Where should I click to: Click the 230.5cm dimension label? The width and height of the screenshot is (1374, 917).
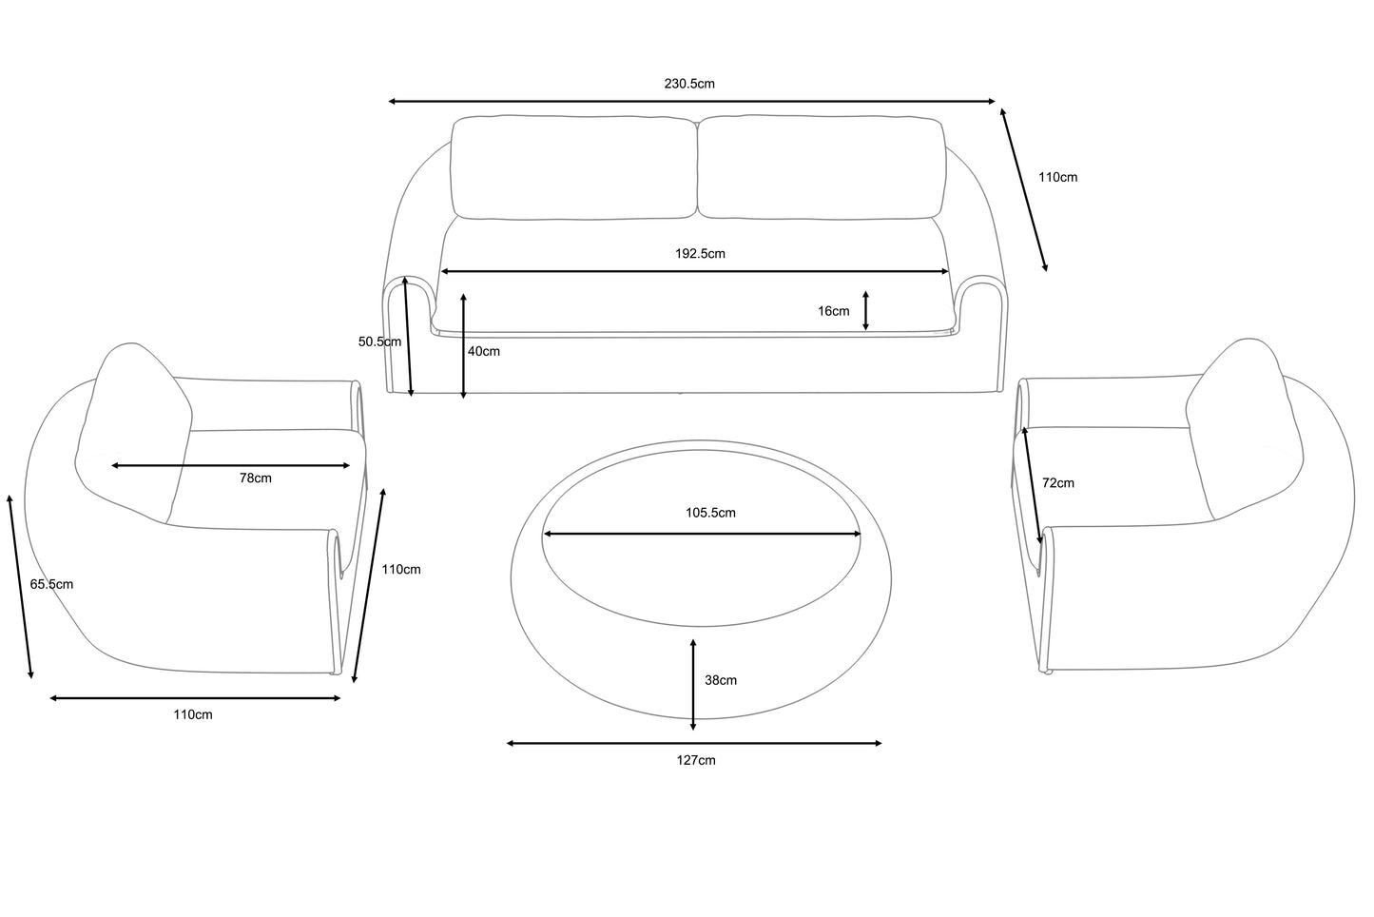[x=689, y=84]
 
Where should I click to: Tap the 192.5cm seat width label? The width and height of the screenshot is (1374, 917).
[x=700, y=253]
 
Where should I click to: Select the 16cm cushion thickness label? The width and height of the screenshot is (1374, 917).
[x=834, y=311]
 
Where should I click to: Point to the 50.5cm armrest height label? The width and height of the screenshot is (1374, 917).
[x=379, y=341]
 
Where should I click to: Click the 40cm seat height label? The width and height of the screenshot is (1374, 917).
[x=484, y=351]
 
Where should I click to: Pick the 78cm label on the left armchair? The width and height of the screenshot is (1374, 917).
[x=255, y=478]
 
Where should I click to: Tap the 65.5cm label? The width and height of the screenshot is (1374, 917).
[x=51, y=584]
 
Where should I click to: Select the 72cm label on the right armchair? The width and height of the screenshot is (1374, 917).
[x=1058, y=483]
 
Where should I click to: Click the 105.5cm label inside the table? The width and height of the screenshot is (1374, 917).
[x=710, y=513]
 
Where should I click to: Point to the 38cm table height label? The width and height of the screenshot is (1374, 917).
[x=721, y=680]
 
